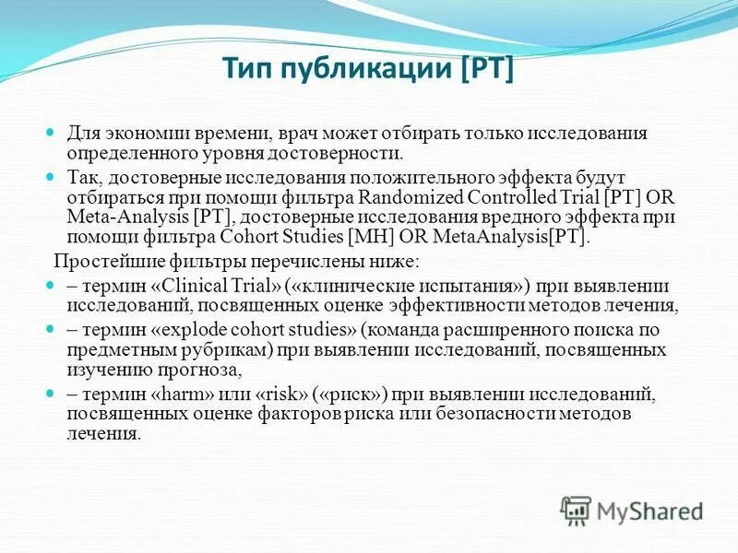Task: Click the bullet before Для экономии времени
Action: pyautogui.click(x=52, y=134)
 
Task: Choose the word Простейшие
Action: pyautogui.click(x=97, y=260)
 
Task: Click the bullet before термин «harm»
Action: pyautogui.click(x=52, y=394)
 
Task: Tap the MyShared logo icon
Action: pyautogui.click(x=576, y=509)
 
